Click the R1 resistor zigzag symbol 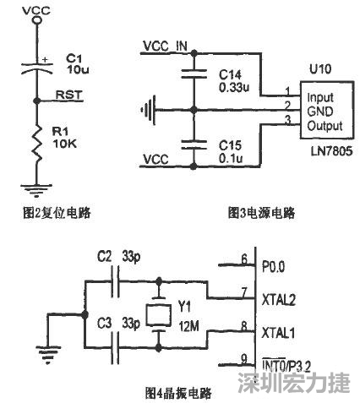click(x=35, y=142)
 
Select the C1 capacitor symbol click(x=35, y=68)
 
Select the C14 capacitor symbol click(x=194, y=75)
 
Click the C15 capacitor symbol click(x=194, y=144)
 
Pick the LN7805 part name click(x=330, y=149)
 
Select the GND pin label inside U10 click(x=319, y=111)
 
